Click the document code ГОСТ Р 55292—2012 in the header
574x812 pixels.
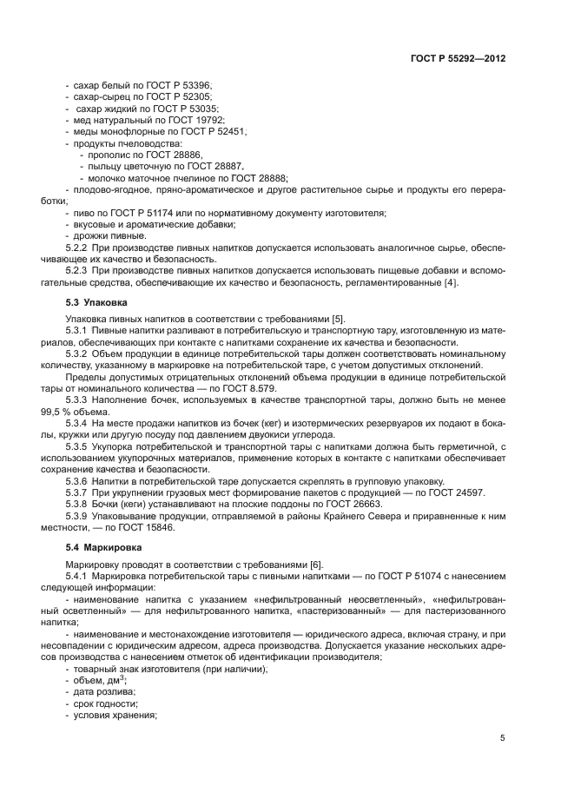(458, 58)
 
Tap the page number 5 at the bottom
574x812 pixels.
(502, 738)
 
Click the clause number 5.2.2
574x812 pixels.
(79, 248)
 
